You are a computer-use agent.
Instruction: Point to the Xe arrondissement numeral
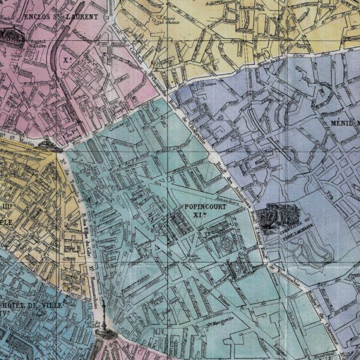coord(66,61)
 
